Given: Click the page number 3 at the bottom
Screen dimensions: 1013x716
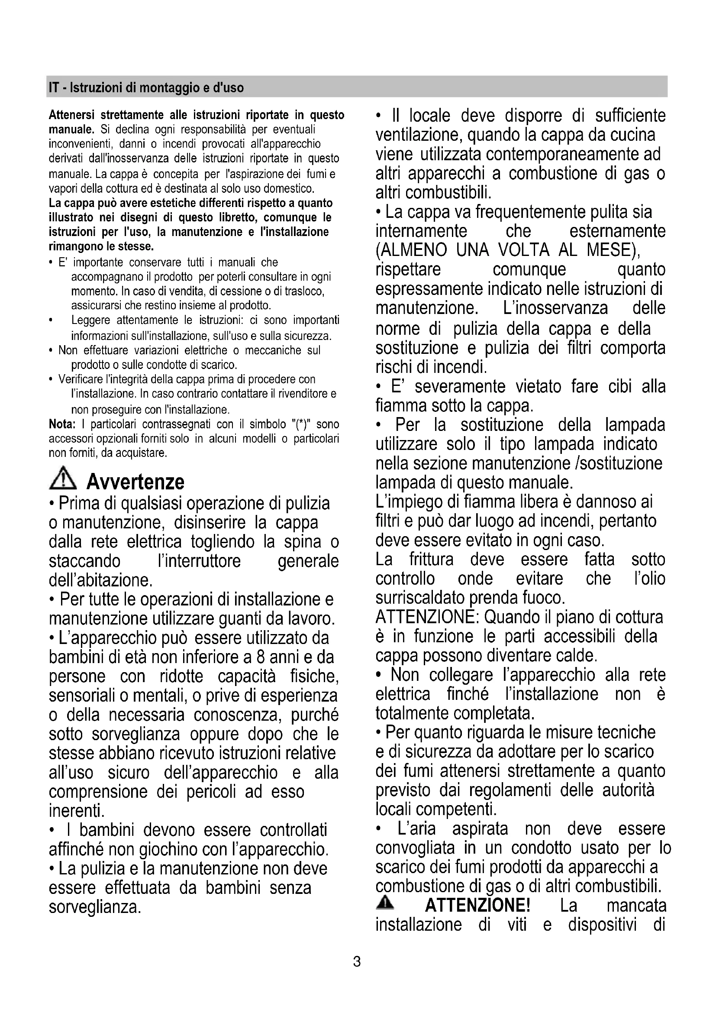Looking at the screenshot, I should pyautogui.click(x=357, y=961).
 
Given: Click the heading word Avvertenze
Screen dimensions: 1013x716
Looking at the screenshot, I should pyautogui.click(x=135, y=481).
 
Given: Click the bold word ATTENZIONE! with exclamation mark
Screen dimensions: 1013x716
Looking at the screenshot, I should pyautogui.click(x=477, y=905).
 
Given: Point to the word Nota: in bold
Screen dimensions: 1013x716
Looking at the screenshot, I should pyautogui.click(x=62, y=424).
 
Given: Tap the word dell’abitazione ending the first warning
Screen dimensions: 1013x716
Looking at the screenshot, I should pyautogui.click(x=101, y=580).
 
